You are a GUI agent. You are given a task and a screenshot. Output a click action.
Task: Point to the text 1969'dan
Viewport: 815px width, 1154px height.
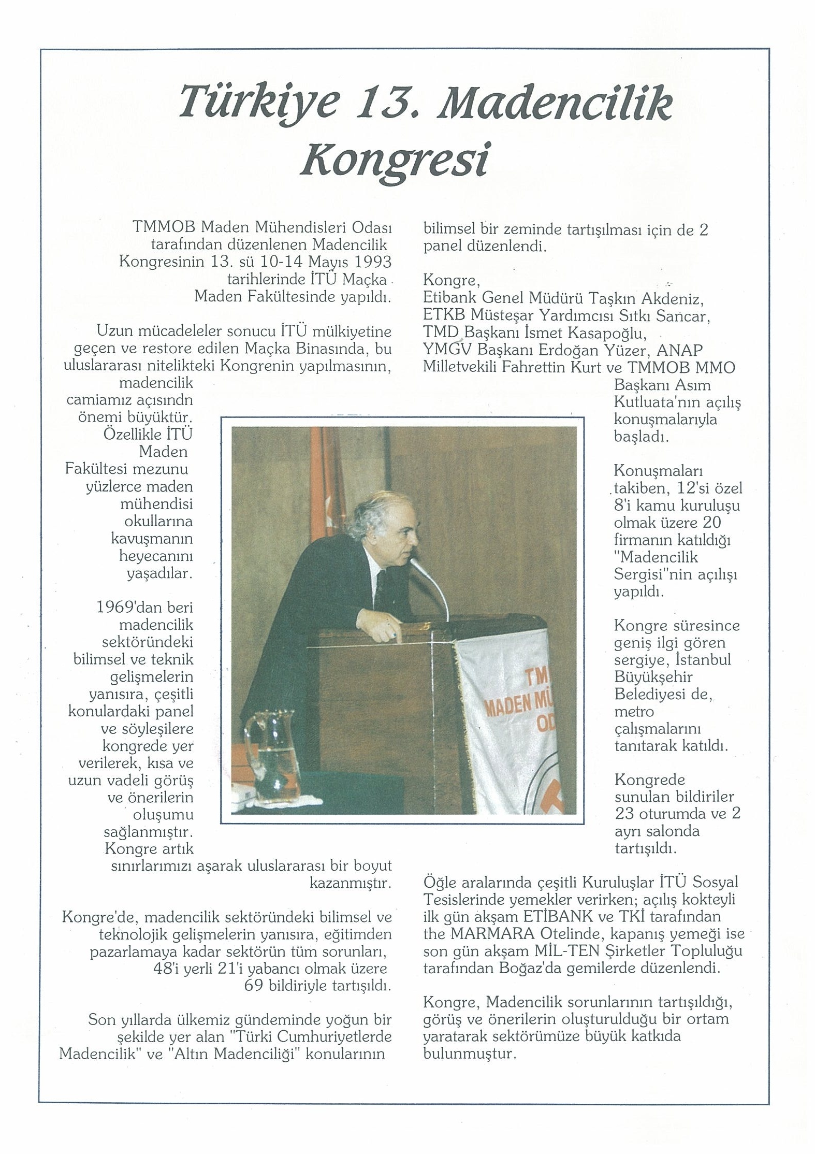(144, 608)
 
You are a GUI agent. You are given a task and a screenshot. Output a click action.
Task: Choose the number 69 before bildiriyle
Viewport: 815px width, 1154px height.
(255, 985)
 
